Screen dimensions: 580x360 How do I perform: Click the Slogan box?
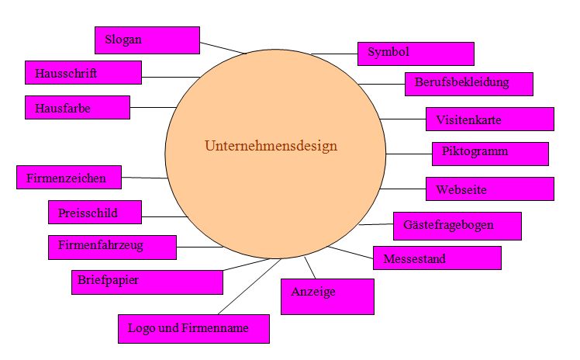click(147, 40)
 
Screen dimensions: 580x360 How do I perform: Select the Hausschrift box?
click(83, 72)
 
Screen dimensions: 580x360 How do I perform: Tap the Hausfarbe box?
click(78, 107)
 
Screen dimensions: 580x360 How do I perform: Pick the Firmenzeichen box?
click(69, 177)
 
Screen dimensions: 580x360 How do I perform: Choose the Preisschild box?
click(95, 212)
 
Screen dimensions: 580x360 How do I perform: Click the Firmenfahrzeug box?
click(112, 247)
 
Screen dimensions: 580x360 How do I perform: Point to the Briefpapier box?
click(147, 282)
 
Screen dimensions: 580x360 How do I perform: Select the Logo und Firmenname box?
click(194, 329)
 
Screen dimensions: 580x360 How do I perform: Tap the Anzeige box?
click(328, 296)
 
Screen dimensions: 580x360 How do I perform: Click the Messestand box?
click(437, 258)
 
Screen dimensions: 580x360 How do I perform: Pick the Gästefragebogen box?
click(457, 226)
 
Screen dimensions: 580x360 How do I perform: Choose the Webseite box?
click(490, 189)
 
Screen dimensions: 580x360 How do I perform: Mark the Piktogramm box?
click(491, 154)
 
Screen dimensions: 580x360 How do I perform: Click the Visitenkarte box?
click(490, 119)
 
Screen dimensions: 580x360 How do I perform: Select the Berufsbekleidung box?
click(469, 85)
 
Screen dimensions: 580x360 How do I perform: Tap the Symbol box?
click(416, 54)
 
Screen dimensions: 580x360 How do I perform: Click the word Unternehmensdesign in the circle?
click(271, 146)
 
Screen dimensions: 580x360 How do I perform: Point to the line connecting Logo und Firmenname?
click(250, 287)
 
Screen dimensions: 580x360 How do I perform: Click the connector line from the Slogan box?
click(223, 48)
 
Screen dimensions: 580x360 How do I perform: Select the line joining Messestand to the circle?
click(350, 252)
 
